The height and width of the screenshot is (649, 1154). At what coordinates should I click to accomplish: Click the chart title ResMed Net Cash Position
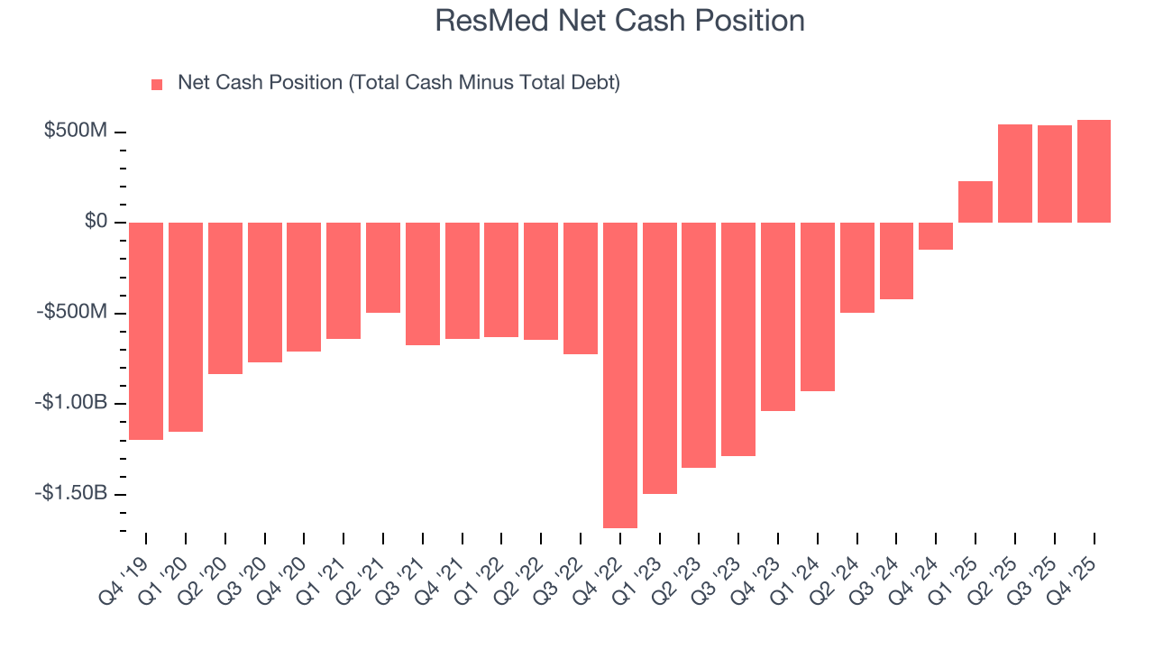click(x=619, y=21)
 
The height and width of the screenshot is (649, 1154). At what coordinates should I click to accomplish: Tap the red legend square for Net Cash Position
click(x=157, y=84)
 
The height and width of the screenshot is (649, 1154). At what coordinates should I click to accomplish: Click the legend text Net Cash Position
click(x=398, y=83)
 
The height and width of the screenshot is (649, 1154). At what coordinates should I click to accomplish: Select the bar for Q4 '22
click(x=619, y=374)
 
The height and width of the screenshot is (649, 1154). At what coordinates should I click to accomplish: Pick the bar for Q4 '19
click(x=146, y=331)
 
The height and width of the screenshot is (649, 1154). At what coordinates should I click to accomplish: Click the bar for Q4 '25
click(x=1094, y=171)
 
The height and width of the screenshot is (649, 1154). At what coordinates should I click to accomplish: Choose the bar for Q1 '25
click(x=975, y=202)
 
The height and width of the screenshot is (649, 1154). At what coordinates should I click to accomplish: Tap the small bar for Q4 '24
click(x=935, y=236)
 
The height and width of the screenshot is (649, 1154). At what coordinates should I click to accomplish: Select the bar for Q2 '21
click(x=382, y=268)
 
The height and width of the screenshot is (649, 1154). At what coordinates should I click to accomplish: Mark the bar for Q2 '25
click(x=1014, y=173)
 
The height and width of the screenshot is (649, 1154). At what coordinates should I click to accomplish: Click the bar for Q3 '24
click(x=896, y=261)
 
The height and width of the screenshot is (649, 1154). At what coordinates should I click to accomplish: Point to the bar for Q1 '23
click(x=659, y=358)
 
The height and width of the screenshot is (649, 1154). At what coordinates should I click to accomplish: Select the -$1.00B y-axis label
click(x=70, y=403)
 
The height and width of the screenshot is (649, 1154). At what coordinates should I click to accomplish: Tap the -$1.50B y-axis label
click(x=70, y=494)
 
